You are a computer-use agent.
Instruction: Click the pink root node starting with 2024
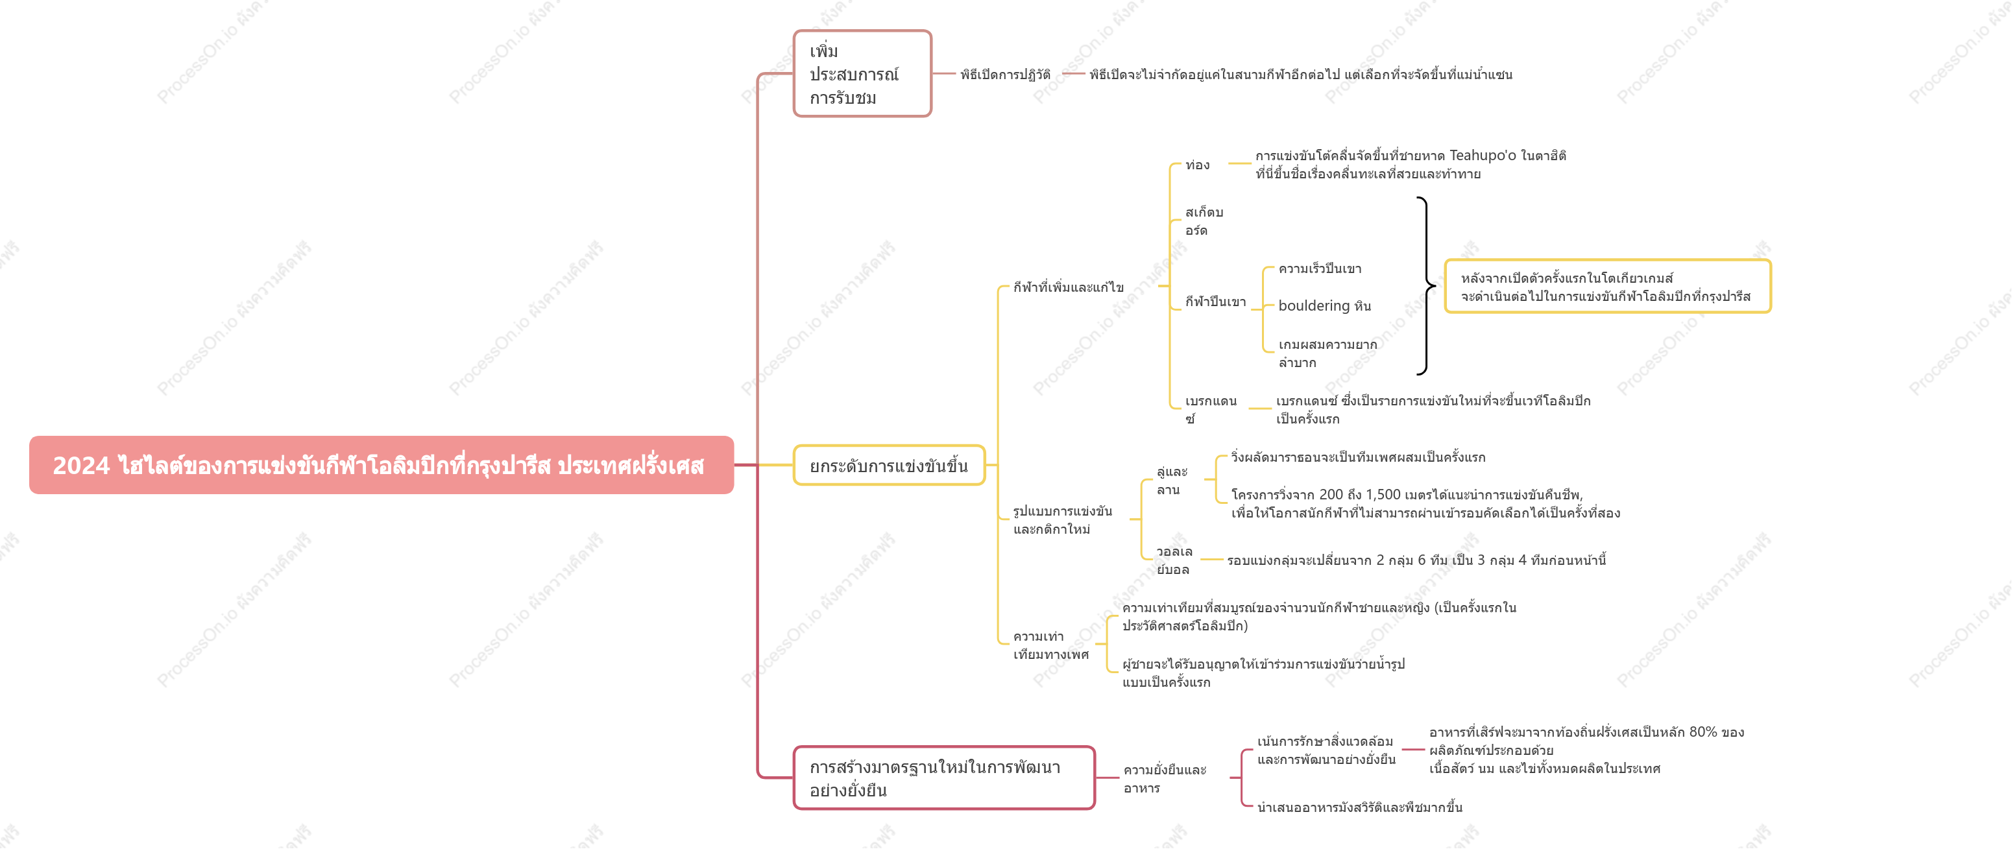(381, 465)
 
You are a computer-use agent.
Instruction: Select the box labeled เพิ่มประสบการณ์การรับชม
(862, 74)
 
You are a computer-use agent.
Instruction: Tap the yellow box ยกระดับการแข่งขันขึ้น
(889, 465)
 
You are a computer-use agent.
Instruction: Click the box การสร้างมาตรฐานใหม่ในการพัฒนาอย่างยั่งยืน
(944, 778)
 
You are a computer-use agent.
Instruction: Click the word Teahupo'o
(1483, 156)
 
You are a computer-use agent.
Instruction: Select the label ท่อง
(1197, 165)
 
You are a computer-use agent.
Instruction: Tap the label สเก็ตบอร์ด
(1204, 221)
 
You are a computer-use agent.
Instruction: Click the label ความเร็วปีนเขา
(1320, 268)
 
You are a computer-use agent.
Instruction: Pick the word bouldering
(1314, 305)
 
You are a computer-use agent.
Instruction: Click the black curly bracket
(1427, 286)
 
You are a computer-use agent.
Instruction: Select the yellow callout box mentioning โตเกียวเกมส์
(1607, 287)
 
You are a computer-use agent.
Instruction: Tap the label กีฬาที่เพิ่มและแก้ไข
(1069, 287)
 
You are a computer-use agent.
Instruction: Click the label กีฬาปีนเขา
(1215, 302)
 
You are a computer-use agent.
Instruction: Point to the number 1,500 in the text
(1383, 494)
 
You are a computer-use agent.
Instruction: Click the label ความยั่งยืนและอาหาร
(1165, 779)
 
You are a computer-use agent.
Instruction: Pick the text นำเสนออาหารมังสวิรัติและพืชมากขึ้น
(1360, 807)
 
